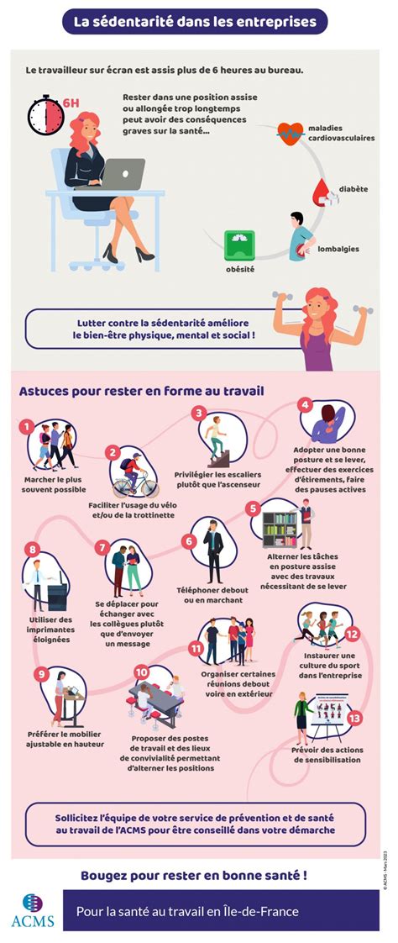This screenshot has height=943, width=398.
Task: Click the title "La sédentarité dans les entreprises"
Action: pos(195,21)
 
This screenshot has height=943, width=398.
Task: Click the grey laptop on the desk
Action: pos(123,174)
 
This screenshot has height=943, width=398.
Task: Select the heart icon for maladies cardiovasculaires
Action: pos(291,132)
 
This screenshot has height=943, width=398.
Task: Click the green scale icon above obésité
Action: pos(238,243)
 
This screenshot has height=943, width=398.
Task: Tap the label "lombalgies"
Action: pos(340,248)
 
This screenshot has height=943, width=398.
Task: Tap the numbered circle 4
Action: pos(306,405)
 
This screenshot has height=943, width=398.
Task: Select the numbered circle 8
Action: pos(33,551)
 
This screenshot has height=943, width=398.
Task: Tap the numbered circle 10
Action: pos(141,672)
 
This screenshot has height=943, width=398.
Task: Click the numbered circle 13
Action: pos(354,718)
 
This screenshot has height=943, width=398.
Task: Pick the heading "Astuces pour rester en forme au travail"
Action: pos(141,391)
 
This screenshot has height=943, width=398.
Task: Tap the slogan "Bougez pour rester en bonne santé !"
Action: pos(193,875)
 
